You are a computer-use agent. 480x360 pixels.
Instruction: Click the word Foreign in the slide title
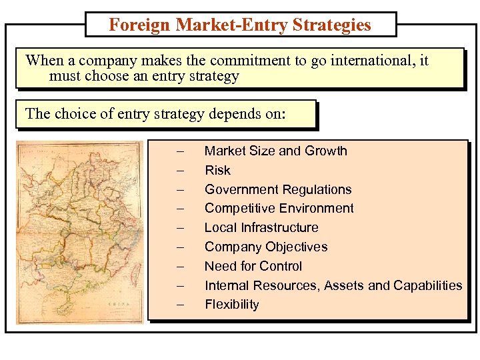coord(140,25)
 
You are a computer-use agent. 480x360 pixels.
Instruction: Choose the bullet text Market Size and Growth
coord(275,151)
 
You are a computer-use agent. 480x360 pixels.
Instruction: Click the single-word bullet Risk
coord(217,170)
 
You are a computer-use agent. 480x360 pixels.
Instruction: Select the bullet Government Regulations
coord(277,189)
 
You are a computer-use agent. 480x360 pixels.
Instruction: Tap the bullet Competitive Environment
coord(279,208)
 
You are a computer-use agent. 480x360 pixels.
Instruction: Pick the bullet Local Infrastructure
coord(261,227)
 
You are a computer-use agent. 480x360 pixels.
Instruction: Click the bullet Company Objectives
coord(265,247)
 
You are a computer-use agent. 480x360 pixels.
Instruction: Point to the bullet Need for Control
coord(253,266)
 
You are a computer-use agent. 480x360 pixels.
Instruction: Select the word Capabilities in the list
coord(427,285)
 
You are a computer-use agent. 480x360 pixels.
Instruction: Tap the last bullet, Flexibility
coord(231,305)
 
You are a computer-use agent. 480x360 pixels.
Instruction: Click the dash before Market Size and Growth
coord(179,151)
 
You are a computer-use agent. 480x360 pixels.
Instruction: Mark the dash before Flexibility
coord(179,305)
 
